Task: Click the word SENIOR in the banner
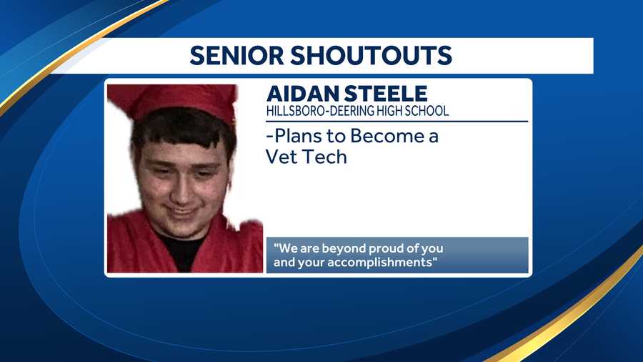click(x=239, y=56)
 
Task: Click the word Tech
click(x=326, y=157)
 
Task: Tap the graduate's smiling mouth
click(x=180, y=211)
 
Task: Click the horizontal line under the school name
click(x=397, y=121)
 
